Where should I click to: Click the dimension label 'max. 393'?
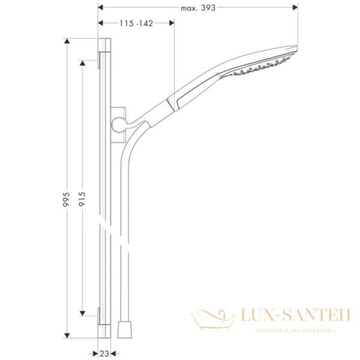197,8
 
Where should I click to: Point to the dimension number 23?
104,353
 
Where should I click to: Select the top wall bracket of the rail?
97,58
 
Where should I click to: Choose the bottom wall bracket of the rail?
97,313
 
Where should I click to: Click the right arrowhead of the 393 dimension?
295,8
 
